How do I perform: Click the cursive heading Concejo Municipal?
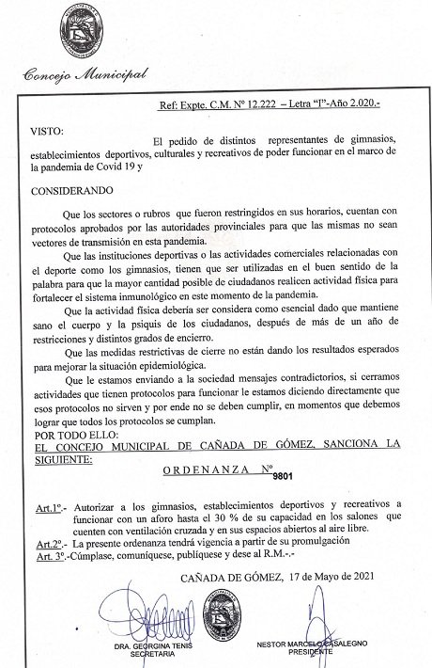pyautogui.click(x=85, y=74)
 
